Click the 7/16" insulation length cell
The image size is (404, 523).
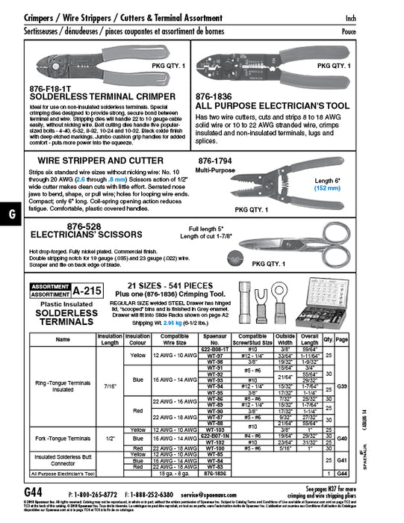[110, 388]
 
